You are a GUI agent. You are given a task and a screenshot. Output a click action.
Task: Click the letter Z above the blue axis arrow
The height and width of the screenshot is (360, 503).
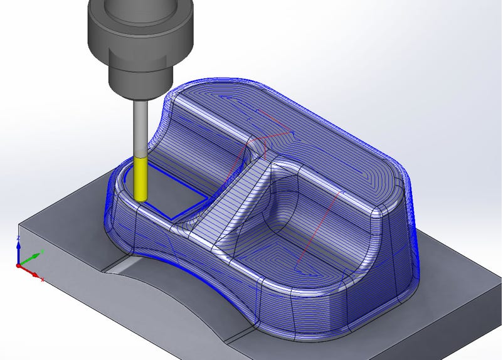coord(18,238)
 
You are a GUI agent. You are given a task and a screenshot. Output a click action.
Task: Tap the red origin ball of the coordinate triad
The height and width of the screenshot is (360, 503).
coord(19,266)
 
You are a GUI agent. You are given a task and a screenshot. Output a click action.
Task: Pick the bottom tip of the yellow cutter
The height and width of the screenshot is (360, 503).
coord(141,199)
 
